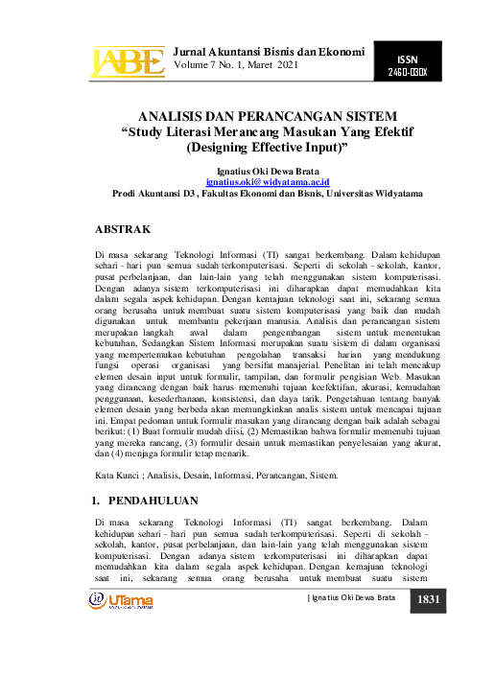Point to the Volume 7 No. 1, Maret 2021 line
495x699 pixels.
pyautogui.click(x=237, y=64)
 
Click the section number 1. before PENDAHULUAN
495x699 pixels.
pyautogui.click(x=96, y=500)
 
